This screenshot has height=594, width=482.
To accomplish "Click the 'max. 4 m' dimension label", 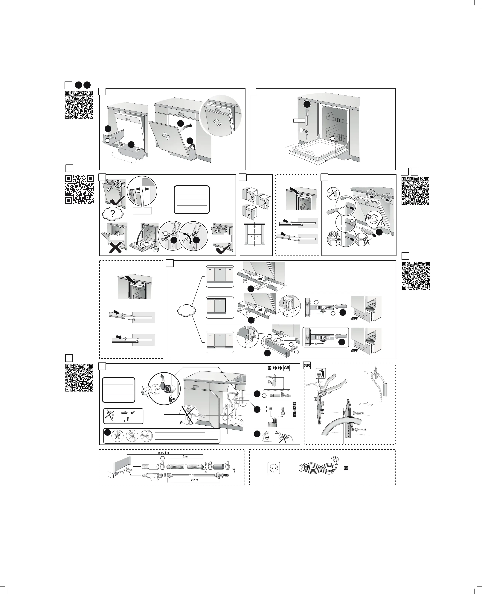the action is point(164,453).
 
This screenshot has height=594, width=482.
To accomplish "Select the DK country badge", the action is point(295,403).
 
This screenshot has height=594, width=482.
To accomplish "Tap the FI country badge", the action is point(295,415).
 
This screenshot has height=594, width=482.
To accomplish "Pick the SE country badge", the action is point(295,407).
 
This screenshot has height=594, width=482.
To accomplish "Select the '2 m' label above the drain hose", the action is point(185,456).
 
